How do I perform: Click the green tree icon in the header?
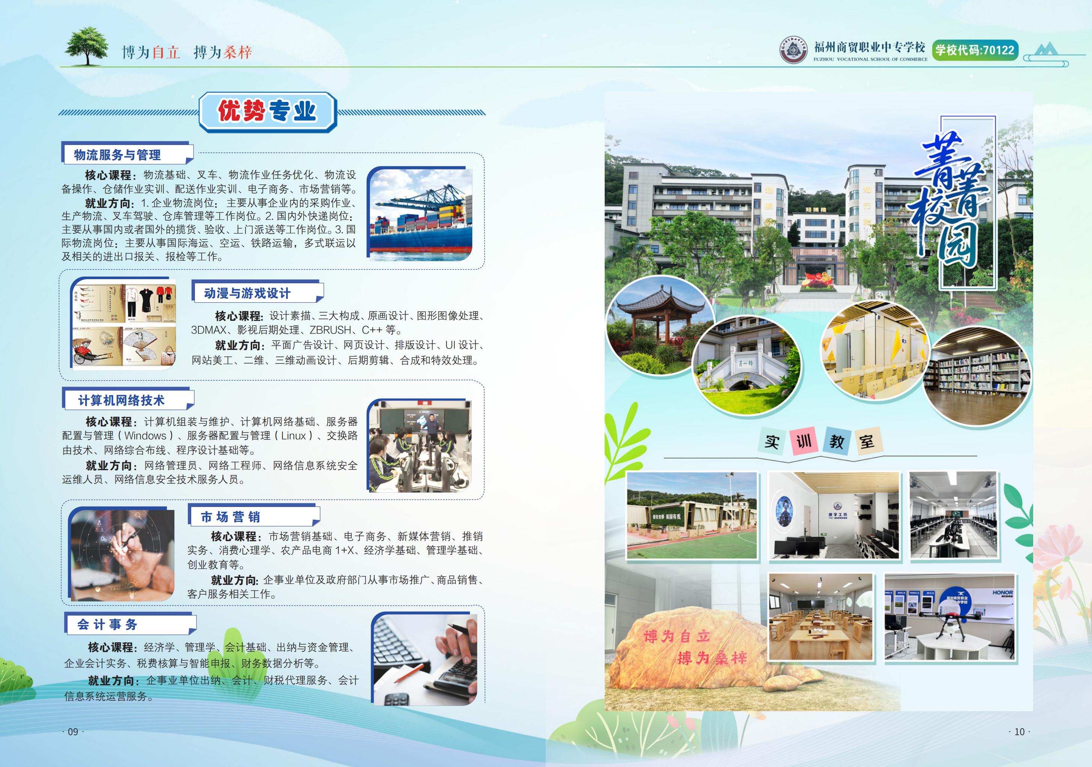[87, 46]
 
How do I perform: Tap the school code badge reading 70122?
[975, 50]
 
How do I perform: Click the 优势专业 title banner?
[268, 112]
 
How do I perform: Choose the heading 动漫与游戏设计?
[247, 293]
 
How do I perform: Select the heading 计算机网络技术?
[121, 401]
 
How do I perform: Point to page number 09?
[73, 732]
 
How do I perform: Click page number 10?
[1019, 732]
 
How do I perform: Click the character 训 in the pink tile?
[804, 441]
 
